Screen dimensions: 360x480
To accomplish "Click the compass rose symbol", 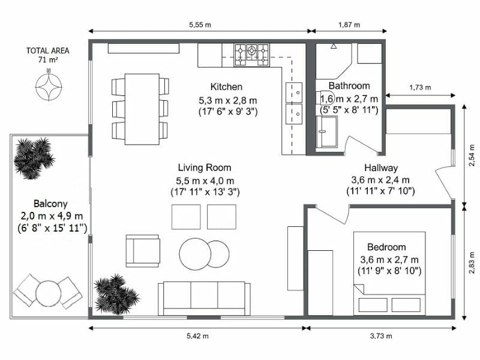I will point(50,81).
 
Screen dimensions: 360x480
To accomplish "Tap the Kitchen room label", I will point(226,86).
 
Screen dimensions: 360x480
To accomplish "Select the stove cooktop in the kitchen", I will point(251,54).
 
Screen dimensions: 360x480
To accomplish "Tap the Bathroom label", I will point(349,86).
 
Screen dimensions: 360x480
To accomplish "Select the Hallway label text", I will point(381,168).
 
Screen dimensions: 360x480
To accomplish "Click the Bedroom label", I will point(386,247).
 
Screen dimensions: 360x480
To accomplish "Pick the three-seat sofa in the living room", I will point(205,298).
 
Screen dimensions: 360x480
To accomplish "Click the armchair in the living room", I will point(143,250).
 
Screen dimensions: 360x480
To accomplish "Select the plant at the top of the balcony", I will point(33,157).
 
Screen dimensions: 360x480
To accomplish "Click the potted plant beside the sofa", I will point(115,293).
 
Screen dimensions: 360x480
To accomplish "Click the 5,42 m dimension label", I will point(197,336).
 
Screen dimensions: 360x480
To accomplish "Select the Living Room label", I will point(204,167).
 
